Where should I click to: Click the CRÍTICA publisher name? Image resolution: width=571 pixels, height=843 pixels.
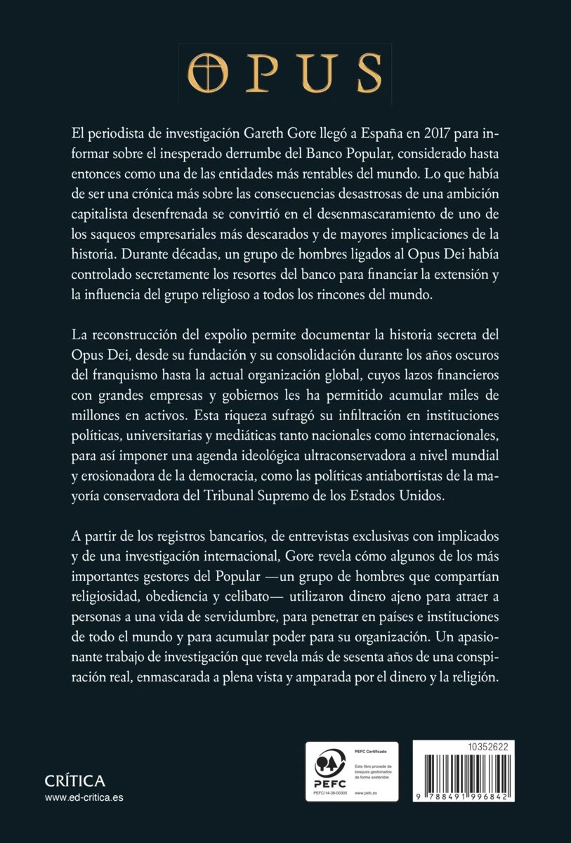(74, 781)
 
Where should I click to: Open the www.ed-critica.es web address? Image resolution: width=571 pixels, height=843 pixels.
(84, 797)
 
